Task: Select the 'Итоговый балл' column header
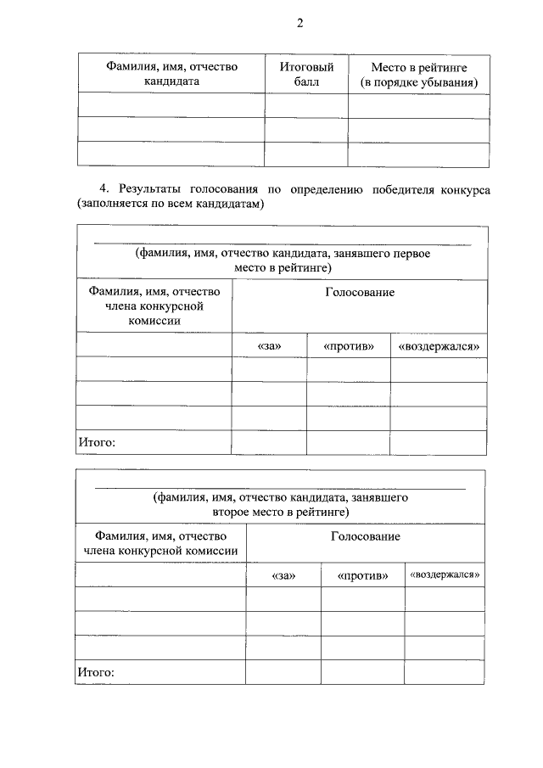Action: pos(306,74)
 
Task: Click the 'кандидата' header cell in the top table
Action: pos(171,82)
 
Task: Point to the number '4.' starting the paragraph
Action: pos(105,188)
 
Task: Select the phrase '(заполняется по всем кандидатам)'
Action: pos(171,205)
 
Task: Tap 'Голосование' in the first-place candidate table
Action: pos(360,293)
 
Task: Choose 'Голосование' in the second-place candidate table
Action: pos(366,536)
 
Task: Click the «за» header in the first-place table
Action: pos(269,346)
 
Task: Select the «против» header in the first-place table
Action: pos(349,346)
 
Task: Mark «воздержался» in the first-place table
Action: pos(439,346)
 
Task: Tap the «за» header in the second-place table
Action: pos(283,575)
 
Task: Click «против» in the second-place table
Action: pos(362,575)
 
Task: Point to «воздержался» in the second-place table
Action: pos(445,575)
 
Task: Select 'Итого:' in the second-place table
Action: pos(96,672)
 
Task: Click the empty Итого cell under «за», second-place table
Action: pos(283,672)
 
